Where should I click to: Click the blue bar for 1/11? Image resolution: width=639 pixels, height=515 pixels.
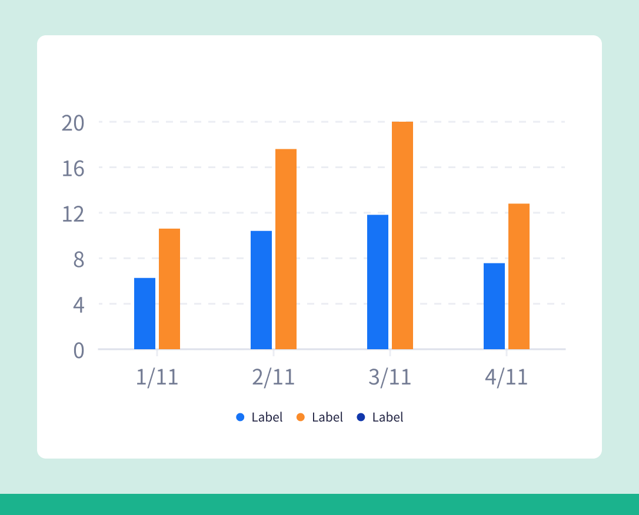[x=145, y=313]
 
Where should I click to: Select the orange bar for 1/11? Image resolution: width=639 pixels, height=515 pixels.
[x=169, y=289]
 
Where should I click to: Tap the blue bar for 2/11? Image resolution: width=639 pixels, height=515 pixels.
[x=261, y=290]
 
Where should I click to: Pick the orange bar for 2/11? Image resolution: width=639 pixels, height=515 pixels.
[x=286, y=249]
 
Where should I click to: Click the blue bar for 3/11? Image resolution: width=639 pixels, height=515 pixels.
[x=378, y=282]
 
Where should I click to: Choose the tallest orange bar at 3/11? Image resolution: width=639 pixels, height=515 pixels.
[x=402, y=235]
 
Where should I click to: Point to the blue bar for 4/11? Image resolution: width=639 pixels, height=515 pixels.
[x=494, y=306]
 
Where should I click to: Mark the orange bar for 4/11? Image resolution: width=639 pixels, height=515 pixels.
[x=519, y=276]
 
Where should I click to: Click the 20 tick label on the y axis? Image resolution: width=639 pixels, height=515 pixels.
[x=73, y=123]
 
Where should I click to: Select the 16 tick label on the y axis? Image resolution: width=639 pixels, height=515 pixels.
[x=73, y=169]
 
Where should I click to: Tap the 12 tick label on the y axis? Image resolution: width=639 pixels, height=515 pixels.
[x=73, y=214]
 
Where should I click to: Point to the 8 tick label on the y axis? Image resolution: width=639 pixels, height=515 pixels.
[x=79, y=260]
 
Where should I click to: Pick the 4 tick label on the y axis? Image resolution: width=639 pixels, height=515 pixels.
[x=79, y=305]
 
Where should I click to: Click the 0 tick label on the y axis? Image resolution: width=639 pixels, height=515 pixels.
[x=79, y=350]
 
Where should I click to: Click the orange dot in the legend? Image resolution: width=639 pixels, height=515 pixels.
[x=301, y=417]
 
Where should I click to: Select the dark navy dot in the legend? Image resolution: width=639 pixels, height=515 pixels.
[x=361, y=417]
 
